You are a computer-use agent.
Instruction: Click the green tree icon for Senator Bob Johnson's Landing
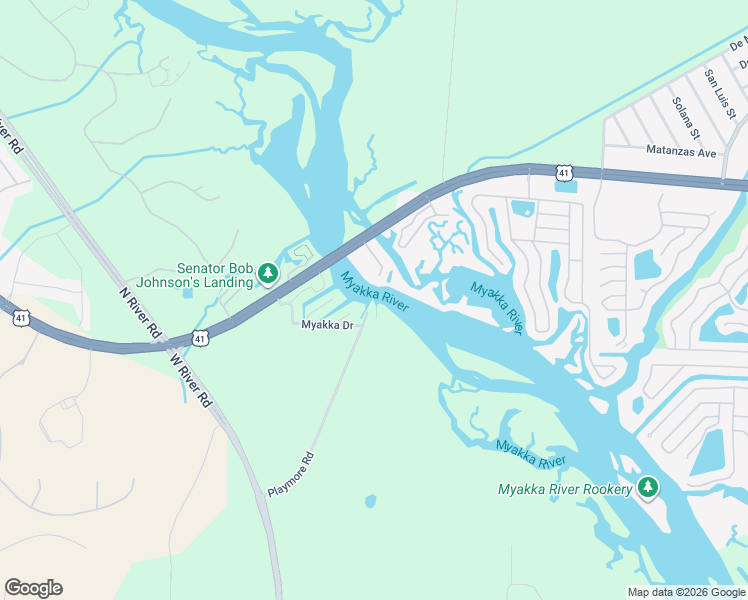coord(267,273)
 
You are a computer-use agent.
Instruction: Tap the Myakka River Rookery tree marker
coord(649,488)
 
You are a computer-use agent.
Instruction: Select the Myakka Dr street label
coord(328,325)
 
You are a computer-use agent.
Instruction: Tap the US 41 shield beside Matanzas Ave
coord(565,173)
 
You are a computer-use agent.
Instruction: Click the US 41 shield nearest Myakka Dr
coord(201,339)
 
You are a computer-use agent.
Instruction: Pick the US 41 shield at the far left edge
coord(21,318)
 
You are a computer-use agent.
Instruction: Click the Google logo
coord(33,588)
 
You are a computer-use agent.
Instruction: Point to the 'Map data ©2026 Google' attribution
coord(685,592)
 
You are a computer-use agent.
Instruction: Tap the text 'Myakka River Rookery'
coord(565,489)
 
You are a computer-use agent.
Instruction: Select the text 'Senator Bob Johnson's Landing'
coord(215,274)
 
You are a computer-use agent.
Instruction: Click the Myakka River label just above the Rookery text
coord(531,453)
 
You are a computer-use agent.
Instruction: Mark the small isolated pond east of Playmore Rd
coord(371,501)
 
